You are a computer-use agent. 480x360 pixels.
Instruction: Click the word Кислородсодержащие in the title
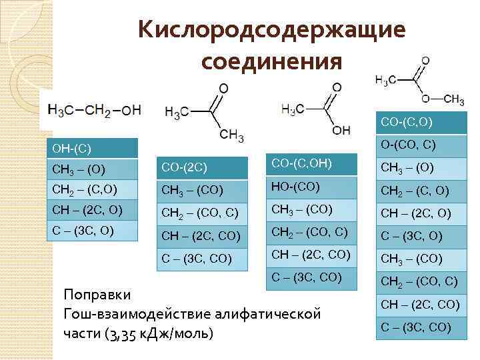point(271,30)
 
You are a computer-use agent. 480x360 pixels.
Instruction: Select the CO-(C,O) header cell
point(421,121)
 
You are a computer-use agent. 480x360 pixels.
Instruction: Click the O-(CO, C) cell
point(421,143)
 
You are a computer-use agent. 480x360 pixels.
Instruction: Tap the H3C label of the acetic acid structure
point(293,109)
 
